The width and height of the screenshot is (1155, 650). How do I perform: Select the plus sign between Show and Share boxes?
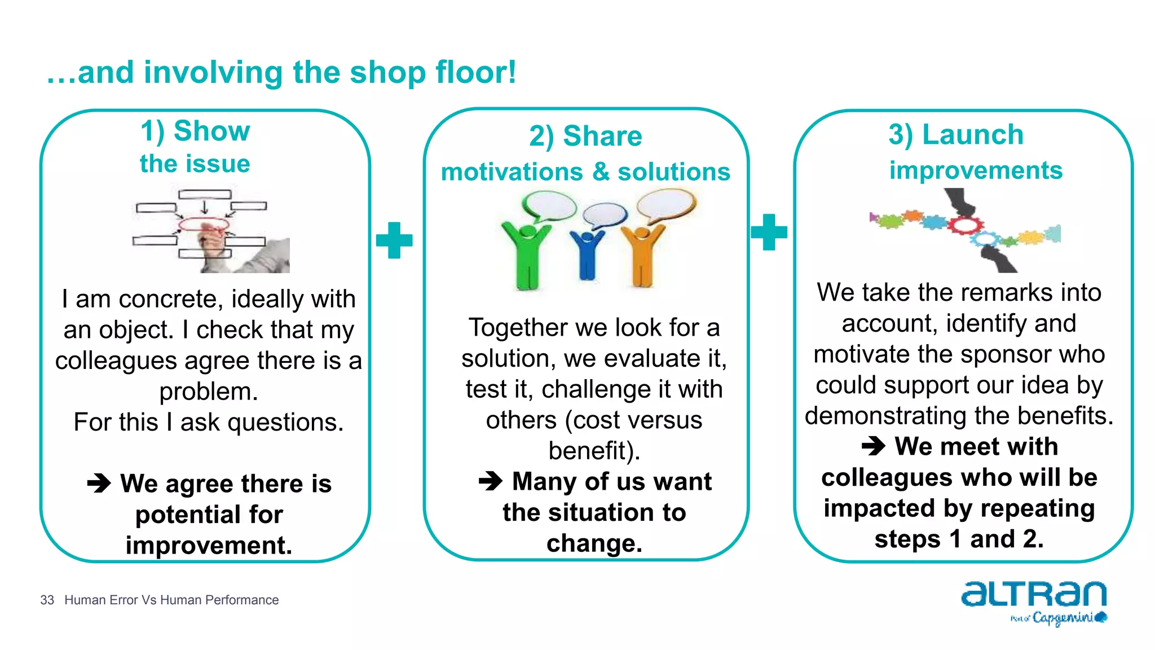coord(394,240)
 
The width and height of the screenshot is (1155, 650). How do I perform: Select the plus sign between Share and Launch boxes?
coord(769,232)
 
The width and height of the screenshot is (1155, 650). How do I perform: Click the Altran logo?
coord(1034,601)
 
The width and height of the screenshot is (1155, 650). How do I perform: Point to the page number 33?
coord(47,600)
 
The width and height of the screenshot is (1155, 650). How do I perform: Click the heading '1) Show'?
coord(195,131)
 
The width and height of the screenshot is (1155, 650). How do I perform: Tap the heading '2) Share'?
coord(585,136)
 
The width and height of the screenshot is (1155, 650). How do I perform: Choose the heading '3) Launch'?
coord(956,134)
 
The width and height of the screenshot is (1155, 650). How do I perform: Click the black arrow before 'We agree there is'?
coord(99,483)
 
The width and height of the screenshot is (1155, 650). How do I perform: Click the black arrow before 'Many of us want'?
coord(490,481)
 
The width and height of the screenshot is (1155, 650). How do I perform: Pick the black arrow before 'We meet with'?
coord(874,446)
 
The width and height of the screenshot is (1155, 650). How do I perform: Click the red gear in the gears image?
coord(965,225)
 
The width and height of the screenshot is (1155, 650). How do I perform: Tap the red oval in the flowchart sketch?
coord(204,225)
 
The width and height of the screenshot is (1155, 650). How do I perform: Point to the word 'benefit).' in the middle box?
coord(594,450)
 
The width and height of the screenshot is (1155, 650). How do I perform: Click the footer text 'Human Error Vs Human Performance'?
coord(171,600)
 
